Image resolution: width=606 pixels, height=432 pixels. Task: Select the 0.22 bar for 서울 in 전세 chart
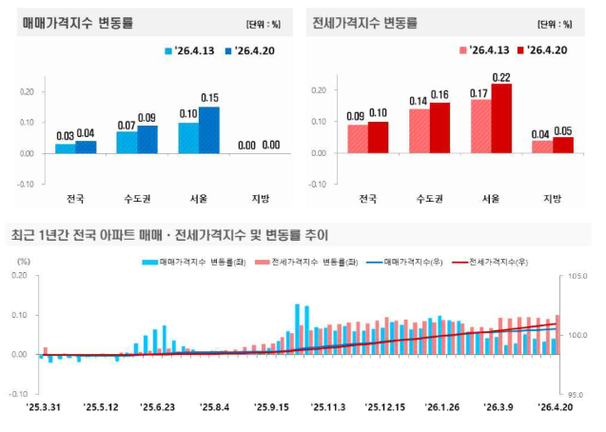(500, 118)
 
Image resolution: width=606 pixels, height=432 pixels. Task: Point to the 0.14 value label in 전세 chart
(419, 101)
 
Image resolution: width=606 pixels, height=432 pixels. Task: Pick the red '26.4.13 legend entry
(486, 51)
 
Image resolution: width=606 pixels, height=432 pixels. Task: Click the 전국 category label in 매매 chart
(75, 199)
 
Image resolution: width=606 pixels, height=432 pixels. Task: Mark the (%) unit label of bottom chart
(26, 259)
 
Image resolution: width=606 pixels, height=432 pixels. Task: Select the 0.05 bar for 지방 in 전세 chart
(563, 145)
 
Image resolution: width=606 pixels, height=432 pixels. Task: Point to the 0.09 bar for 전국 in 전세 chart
(357, 139)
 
